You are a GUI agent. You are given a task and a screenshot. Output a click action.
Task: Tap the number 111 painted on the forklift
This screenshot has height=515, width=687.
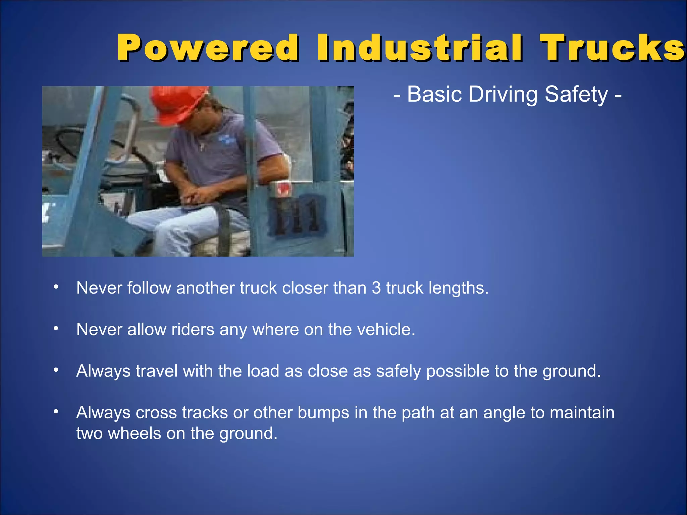point(297,216)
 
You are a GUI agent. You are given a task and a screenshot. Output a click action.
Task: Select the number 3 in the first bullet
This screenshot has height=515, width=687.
point(376,288)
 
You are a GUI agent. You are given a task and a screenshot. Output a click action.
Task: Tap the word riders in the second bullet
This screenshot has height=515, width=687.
point(193,329)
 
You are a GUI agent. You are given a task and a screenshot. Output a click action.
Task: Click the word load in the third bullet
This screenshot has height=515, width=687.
point(263,371)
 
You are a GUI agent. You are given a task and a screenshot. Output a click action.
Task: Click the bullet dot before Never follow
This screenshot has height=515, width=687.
point(56,287)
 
